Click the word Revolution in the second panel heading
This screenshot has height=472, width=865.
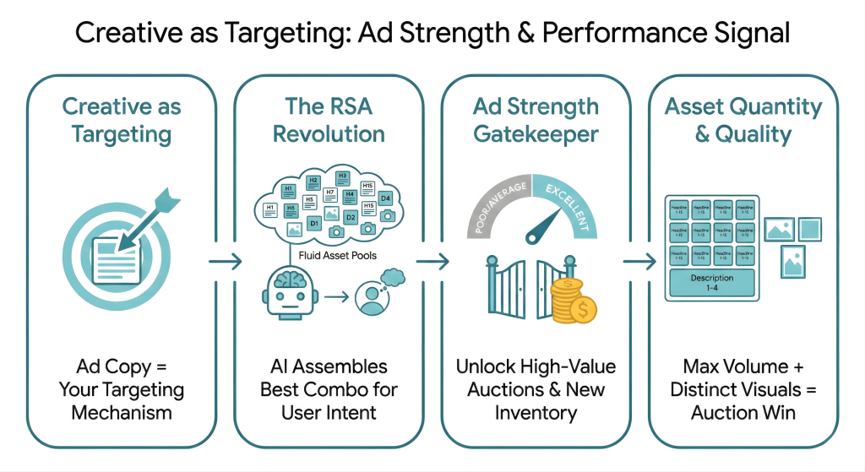[328, 133]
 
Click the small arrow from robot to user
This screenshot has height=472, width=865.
[337, 297]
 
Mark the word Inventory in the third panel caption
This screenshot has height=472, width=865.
[536, 413]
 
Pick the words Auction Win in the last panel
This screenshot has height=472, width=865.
[743, 413]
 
